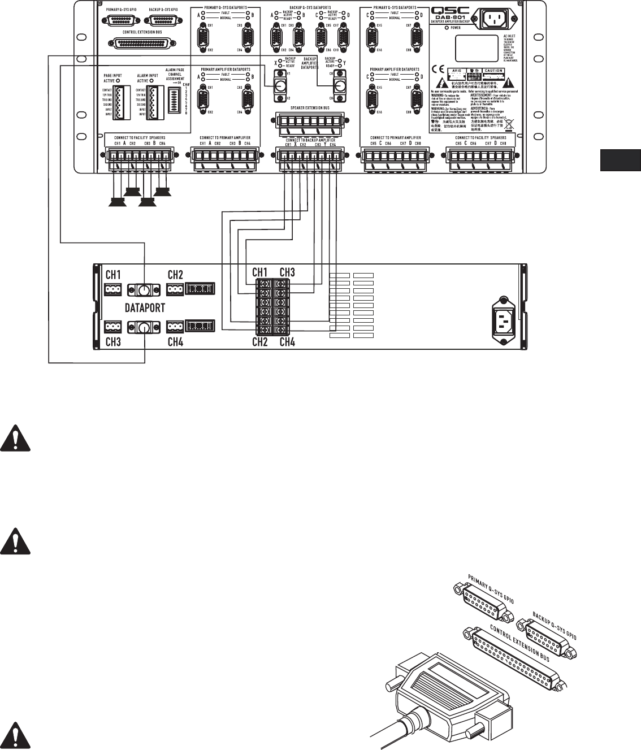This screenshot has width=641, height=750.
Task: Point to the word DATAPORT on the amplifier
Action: pyautogui.click(x=144, y=309)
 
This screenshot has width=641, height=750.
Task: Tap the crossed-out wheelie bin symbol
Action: pyautogui.click(x=509, y=120)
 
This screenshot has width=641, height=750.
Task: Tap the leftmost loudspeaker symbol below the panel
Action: pyautogui.click(x=118, y=202)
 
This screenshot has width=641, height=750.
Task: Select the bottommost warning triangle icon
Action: pyautogui.click(x=15, y=734)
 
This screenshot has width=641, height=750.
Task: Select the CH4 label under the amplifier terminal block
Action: pyautogui.click(x=287, y=341)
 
